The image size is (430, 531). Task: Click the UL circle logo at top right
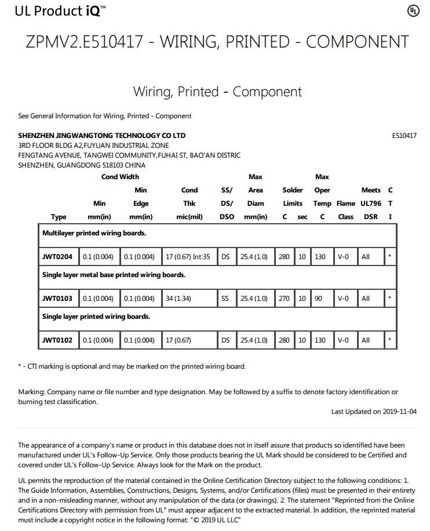tap(413, 11)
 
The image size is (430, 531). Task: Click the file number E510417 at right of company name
tap(404, 136)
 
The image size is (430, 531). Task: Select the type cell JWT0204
tap(57, 257)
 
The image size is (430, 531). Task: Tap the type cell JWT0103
tap(57, 299)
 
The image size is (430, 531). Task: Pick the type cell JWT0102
tap(57, 340)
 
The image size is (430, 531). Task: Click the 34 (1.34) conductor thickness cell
tap(178, 299)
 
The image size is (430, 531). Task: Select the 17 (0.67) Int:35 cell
tap(188, 257)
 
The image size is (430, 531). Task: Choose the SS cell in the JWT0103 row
tap(225, 299)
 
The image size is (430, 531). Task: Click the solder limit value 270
tap(284, 299)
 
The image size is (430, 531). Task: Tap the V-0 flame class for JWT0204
tap(344, 257)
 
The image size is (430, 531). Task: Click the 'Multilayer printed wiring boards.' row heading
tap(94, 233)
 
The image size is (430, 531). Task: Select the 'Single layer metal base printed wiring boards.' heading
tap(114, 275)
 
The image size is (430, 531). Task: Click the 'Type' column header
tap(59, 217)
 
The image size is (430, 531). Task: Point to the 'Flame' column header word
tap(346, 203)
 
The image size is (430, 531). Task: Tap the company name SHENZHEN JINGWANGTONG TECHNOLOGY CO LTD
tap(102, 136)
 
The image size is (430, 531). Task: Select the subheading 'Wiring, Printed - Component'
tap(217, 92)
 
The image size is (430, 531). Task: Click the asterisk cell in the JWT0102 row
tap(390, 340)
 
